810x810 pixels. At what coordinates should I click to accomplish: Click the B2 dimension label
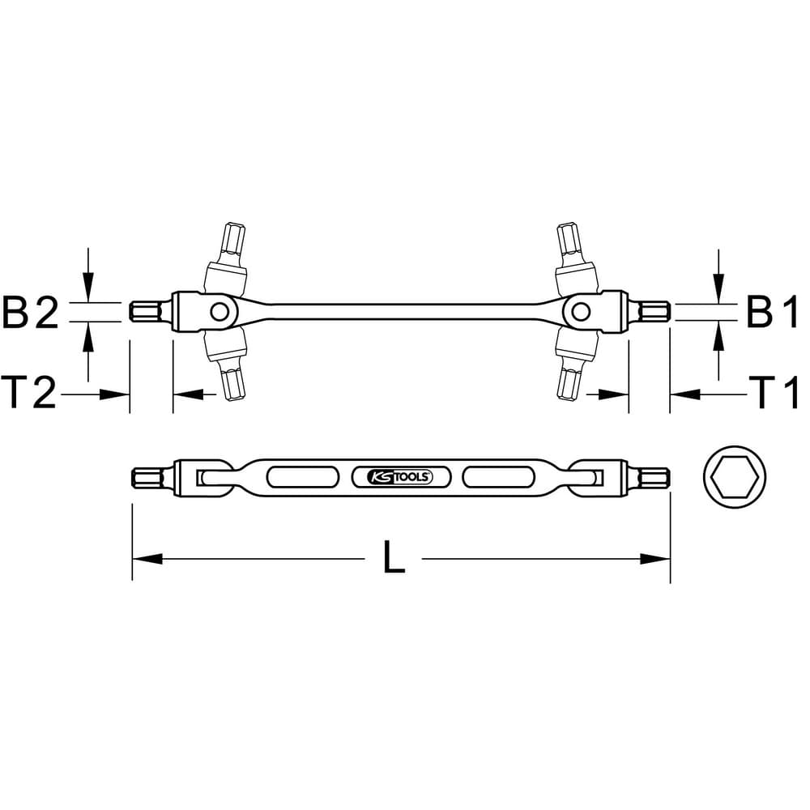31,312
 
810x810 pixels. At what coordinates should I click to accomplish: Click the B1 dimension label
772,312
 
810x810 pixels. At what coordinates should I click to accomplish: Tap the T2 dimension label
29,393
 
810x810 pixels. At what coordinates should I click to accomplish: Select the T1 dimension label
774,393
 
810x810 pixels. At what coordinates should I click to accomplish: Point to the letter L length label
394,557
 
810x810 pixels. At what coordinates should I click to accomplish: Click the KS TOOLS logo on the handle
401,477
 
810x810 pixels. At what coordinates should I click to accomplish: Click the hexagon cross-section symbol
735,476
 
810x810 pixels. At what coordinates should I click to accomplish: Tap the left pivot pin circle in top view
220,312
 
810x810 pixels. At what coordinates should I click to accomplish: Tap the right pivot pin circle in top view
581,312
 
